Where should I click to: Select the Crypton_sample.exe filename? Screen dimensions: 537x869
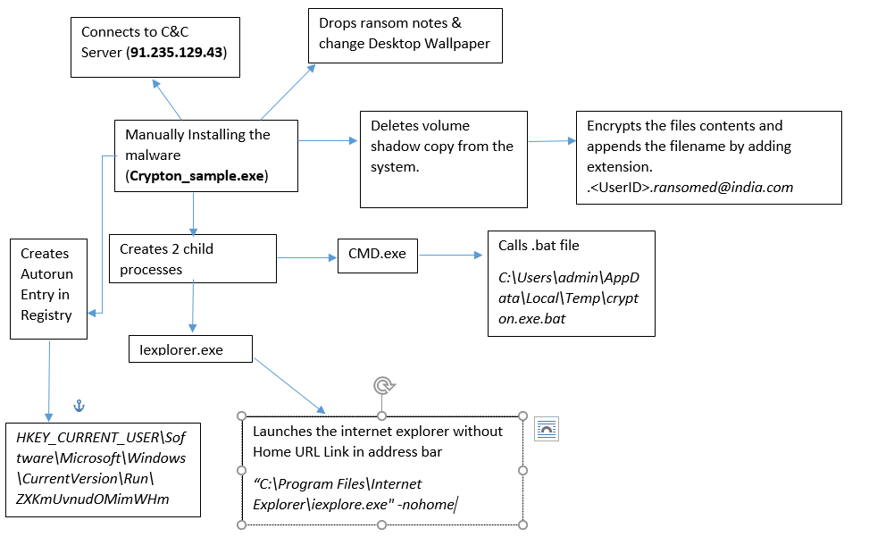click(196, 176)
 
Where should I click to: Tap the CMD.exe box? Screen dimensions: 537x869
click(376, 254)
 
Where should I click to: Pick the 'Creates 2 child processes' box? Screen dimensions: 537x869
click(192, 258)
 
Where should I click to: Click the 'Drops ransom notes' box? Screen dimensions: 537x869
click(404, 35)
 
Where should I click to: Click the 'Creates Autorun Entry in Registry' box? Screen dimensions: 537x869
click(48, 288)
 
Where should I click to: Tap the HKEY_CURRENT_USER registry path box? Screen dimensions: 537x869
click(102, 468)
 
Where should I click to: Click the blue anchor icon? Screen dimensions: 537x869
click(79, 407)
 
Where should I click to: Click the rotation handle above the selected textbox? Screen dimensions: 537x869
click(382, 385)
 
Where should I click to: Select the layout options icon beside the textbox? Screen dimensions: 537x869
click(547, 430)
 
